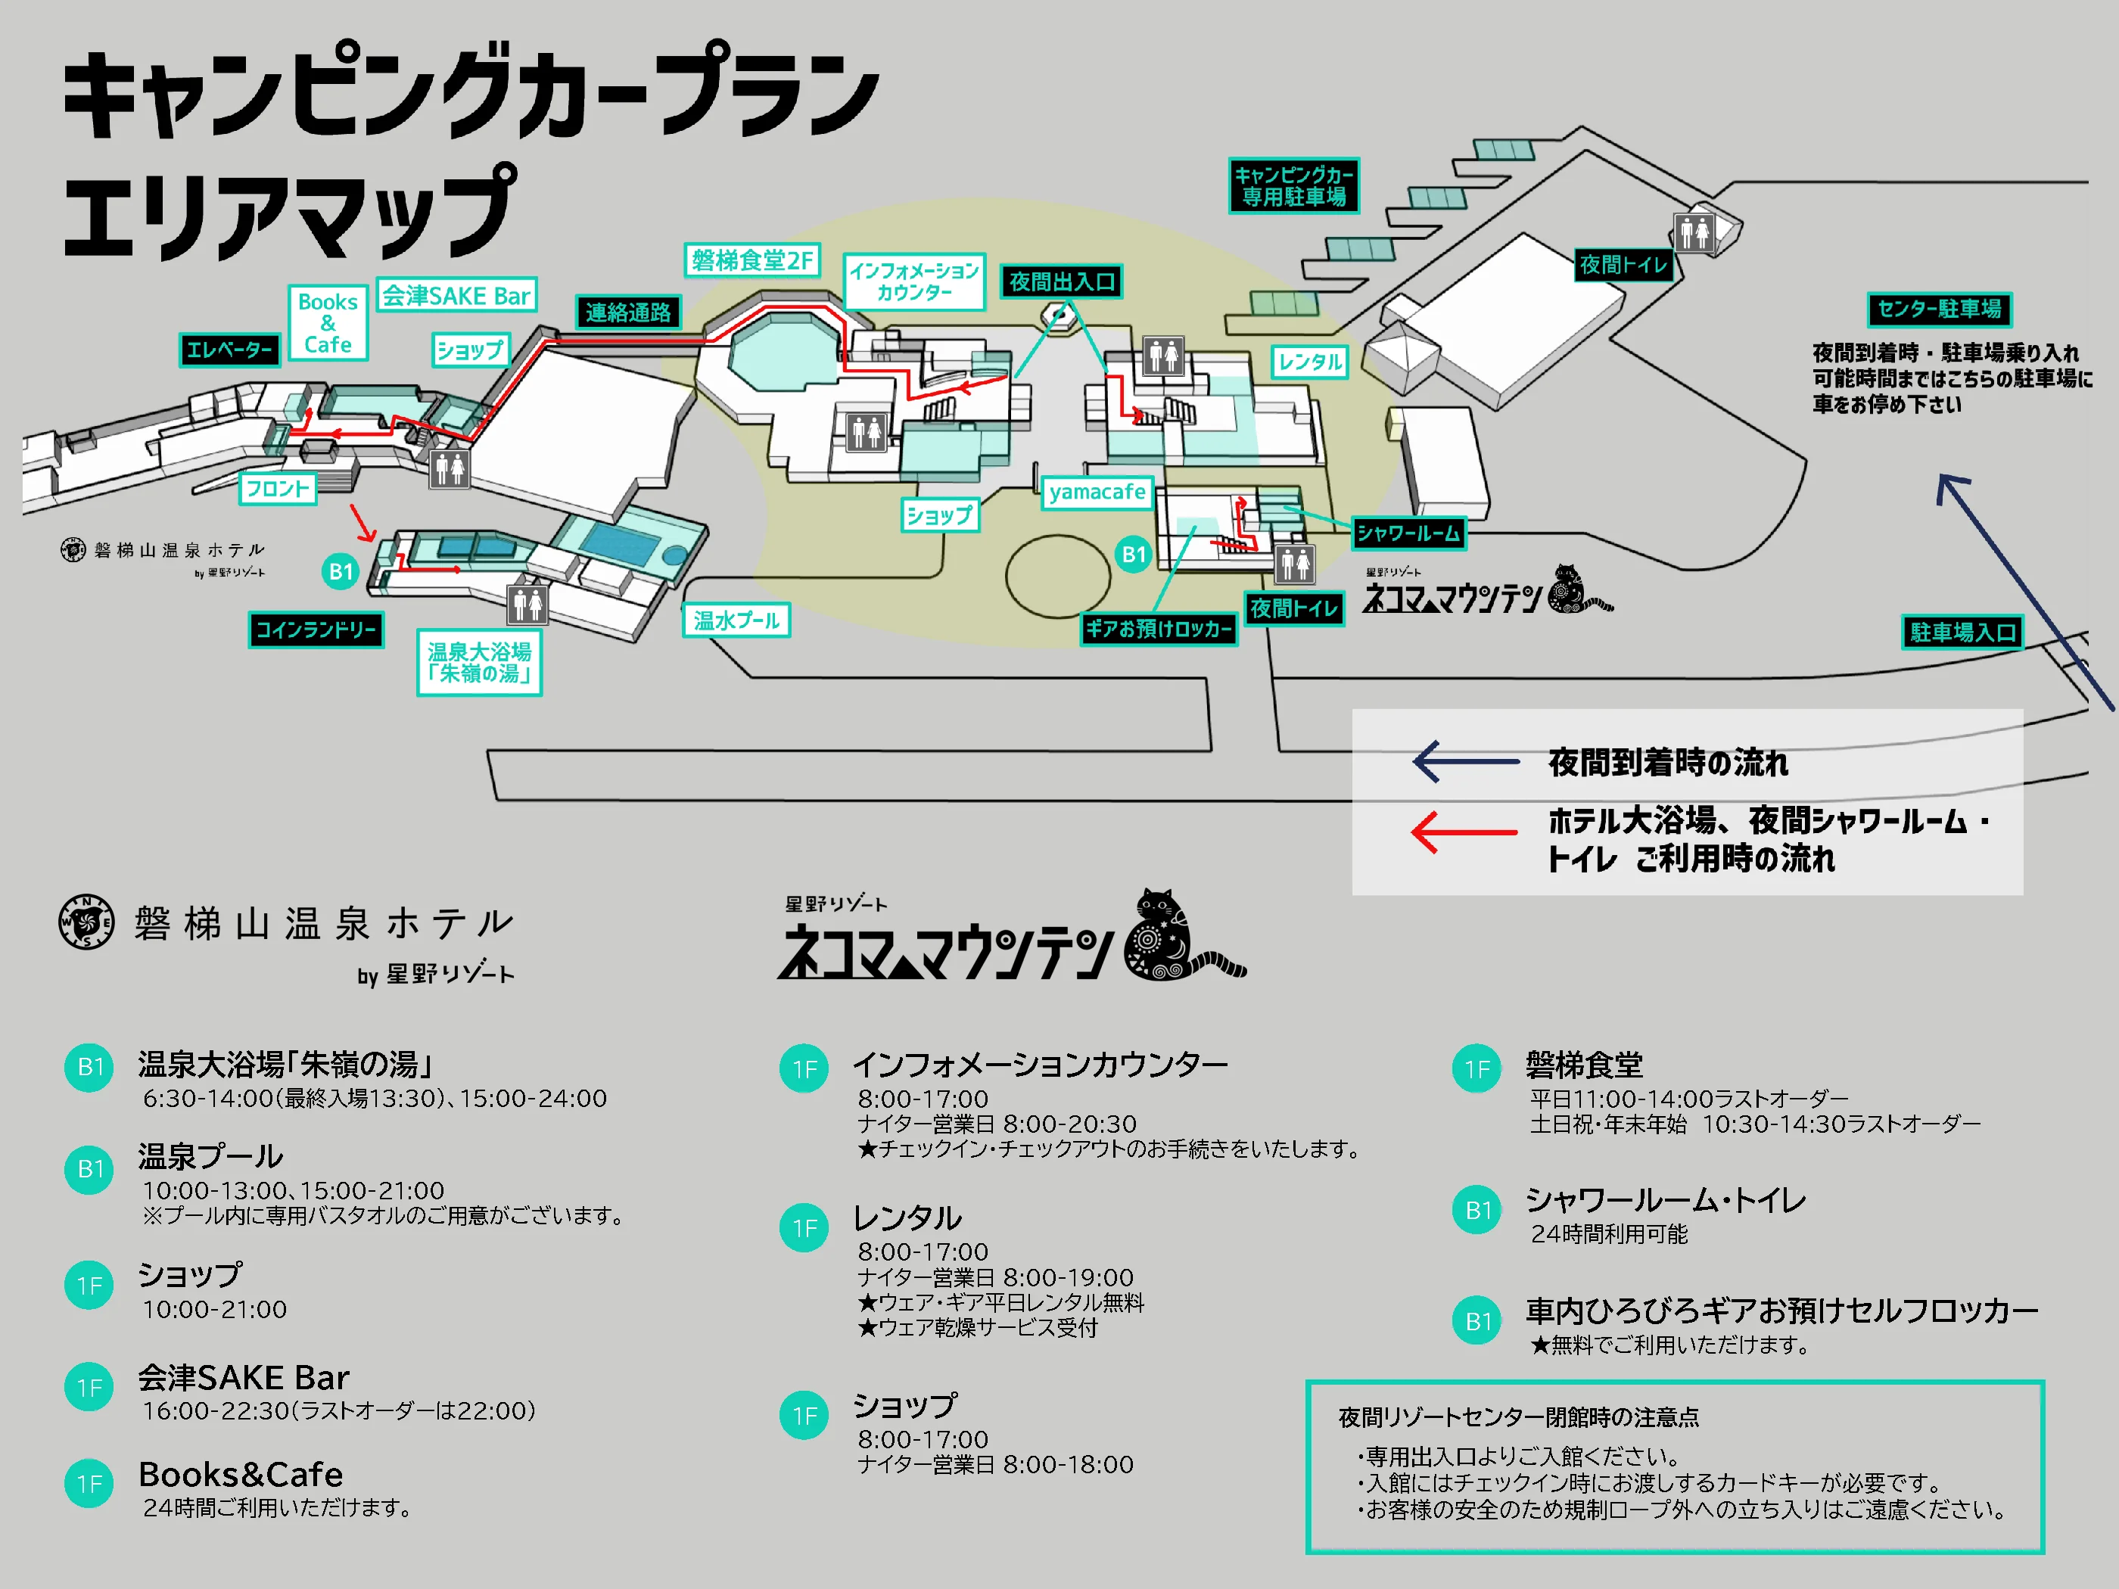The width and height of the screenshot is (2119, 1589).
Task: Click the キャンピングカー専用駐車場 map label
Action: (1293, 186)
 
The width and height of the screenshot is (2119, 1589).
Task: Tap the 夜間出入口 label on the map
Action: (1062, 281)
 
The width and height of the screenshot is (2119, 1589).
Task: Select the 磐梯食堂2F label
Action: (752, 260)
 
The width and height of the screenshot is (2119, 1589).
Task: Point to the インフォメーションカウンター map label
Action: (914, 281)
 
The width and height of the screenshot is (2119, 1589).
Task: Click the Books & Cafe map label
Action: (328, 323)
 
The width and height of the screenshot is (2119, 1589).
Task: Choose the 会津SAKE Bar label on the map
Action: (456, 296)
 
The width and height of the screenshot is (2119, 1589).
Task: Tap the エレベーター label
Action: (230, 350)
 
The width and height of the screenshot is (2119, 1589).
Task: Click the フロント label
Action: (278, 490)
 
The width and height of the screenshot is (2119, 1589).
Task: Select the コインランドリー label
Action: (316, 630)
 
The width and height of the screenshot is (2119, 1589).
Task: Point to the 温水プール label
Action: (736, 620)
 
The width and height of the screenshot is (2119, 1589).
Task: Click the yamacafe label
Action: (1097, 493)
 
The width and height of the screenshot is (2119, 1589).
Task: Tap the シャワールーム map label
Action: (1407, 533)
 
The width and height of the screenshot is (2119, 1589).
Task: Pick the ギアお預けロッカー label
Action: (1158, 630)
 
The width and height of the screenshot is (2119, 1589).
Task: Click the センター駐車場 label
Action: (1939, 309)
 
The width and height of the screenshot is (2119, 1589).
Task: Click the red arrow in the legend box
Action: (1464, 832)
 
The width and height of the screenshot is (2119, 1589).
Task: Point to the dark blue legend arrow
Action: (1466, 761)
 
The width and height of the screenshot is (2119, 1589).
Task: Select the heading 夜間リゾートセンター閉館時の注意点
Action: (1518, 1417)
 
